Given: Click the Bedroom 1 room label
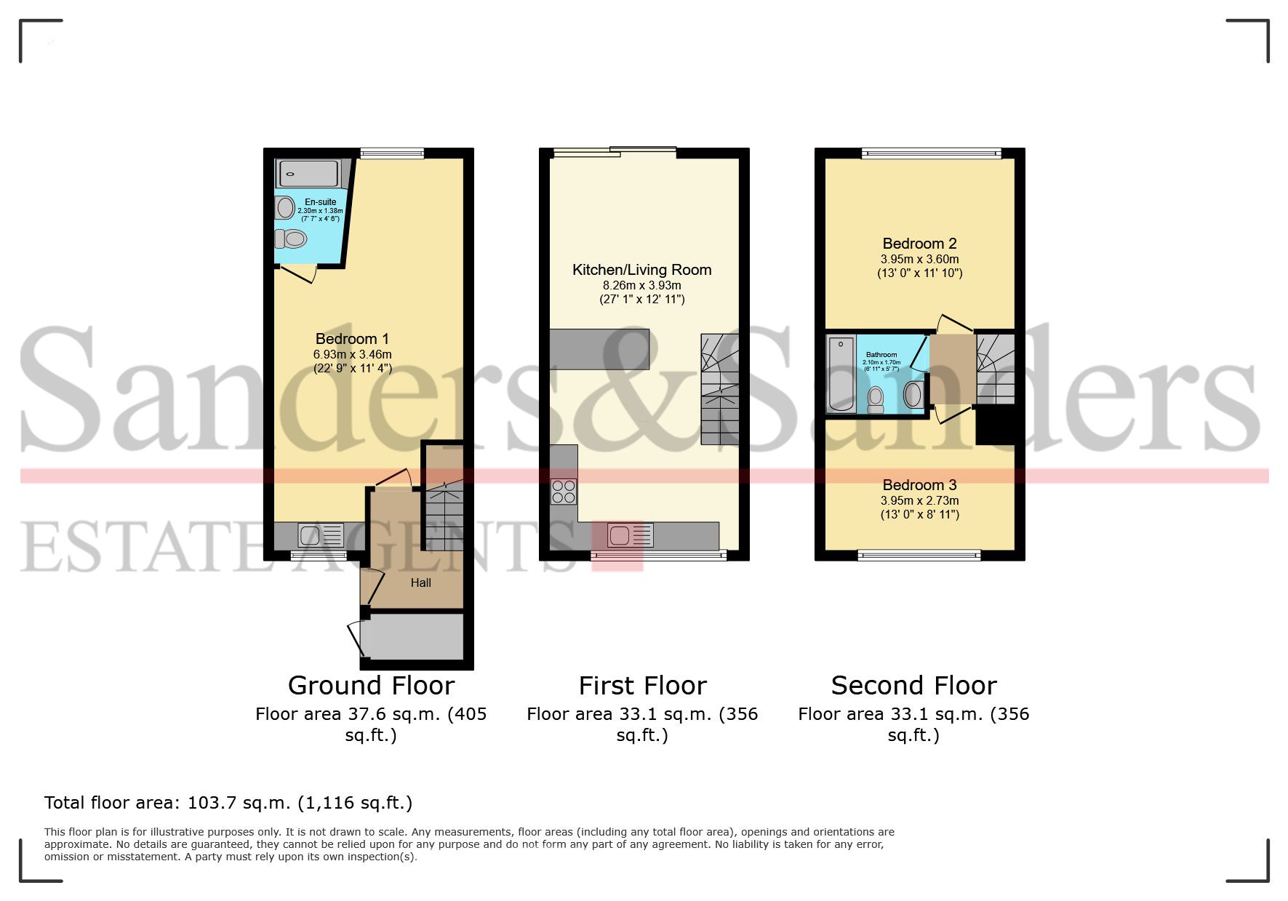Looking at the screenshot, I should click(x=352, y=339).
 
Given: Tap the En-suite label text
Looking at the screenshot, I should click(x=320, y=202).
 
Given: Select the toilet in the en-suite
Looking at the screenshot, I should click(x=292, y=239).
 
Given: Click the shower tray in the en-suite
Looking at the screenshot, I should click(x=308, y=174).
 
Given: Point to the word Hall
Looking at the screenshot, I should click(x=420, y=582).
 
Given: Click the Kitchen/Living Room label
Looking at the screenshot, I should click(x=641, y=270).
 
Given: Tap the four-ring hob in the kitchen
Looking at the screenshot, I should click(x=564, y=492).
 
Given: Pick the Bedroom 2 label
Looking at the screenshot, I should click(x=919, y=244).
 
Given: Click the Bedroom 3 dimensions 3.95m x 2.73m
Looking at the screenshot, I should click(x=919, y=500).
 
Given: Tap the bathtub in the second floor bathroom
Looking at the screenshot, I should click(x=841, y=374).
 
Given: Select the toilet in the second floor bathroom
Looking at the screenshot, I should click(x=876, y=399).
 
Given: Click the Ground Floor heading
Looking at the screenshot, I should click(x=371, y=686).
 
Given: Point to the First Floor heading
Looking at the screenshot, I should click(x=642, y=686).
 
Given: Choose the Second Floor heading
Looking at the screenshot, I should click(x=913, y=686).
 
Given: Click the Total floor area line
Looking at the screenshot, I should click(x=228, y=803).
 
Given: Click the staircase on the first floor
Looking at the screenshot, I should click(x=719, y=389).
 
